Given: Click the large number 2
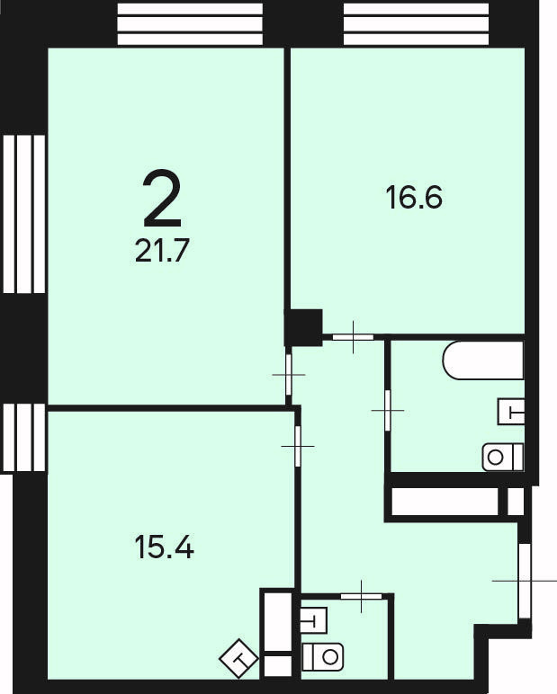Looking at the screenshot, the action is [162, 198].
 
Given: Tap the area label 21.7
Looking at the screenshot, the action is [162, 251].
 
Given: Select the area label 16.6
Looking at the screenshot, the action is [414, 198].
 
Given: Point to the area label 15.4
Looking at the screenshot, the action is [164, 547].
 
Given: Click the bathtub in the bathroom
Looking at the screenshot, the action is [483, 360].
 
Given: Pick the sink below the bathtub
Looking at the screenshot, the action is [511, 412].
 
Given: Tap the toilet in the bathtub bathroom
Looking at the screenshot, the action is [503, 457].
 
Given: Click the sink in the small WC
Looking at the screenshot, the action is [314, 620].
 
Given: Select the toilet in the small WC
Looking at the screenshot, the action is [322, 657].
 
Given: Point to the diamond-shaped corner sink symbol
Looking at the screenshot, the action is [238, 659].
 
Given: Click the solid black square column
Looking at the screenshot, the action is [303, 327].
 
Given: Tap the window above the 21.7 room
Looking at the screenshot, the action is [190, 24].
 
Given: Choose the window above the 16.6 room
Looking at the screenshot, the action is [416, 24].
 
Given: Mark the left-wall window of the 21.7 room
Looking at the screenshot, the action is [24, 214].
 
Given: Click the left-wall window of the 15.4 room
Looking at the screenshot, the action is [24, 437].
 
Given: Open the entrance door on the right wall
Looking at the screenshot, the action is [525, 580].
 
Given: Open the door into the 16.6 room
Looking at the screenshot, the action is [353, 337].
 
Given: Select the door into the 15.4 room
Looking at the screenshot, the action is [298, 446].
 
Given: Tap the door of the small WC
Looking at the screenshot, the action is [361, 596].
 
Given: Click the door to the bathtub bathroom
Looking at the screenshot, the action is [388, 410].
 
